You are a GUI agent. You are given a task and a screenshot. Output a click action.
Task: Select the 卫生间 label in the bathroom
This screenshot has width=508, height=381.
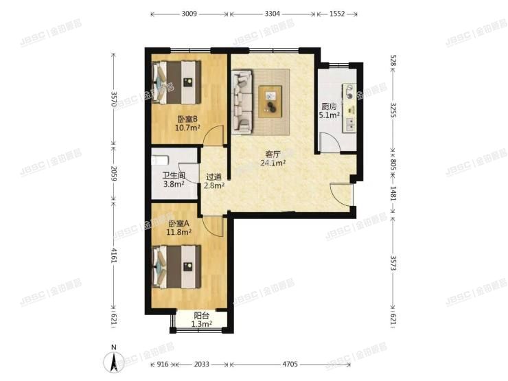pyautogui.click(x=163, y=175)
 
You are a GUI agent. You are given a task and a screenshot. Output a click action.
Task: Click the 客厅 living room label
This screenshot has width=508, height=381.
pyautogui.click(x=273, y=154)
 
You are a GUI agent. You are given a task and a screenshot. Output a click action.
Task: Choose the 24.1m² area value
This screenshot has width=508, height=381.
pyautogui.click(x=273, y=163)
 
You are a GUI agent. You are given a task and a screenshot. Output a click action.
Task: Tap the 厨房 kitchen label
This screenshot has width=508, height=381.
pyautogui.click(x=329, y=106)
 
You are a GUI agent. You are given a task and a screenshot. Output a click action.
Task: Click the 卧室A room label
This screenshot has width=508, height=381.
pyautogui.click(x=178, y=223)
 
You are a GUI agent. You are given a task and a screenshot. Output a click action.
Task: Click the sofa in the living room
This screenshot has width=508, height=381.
pyautogui.click(x=242, y=102)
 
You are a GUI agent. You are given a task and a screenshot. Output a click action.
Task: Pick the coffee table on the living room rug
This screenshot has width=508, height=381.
pyautogui.click(x=272, y=100)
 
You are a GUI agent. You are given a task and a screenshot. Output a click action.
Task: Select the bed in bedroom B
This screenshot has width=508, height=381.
pyautogui.click(x=177, y=82)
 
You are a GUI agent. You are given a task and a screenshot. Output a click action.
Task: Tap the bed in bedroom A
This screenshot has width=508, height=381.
pyautogui.click(x=176, y=266)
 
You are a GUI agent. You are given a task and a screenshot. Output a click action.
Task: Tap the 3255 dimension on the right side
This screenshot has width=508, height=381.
pyautogui.click(x=393, y=109)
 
